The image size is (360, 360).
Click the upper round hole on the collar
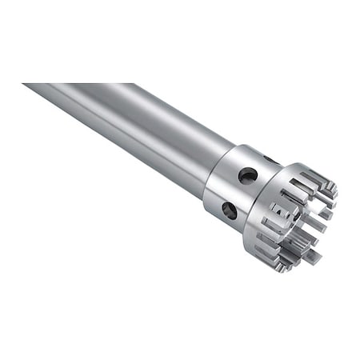[x=247, y=174]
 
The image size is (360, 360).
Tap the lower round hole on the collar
[x=229, y=210]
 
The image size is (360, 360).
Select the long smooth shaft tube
[x=128, y=128]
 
